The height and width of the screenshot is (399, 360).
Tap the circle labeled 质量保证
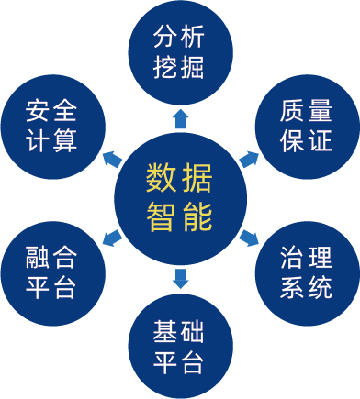coord(307,126)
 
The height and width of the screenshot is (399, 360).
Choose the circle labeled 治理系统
coord(307,270)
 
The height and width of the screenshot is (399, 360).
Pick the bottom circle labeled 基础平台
coord(180,345)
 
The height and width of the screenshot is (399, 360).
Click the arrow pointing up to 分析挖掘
coord(180,116)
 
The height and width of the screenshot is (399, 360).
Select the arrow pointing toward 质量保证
coord(249,158)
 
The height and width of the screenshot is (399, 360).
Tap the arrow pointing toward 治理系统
coord(249,238)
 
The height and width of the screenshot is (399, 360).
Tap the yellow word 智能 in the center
coord(179,217)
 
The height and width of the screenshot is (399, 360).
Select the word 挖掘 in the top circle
coord(180,69)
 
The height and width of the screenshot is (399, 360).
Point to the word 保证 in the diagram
coord(307,141)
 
